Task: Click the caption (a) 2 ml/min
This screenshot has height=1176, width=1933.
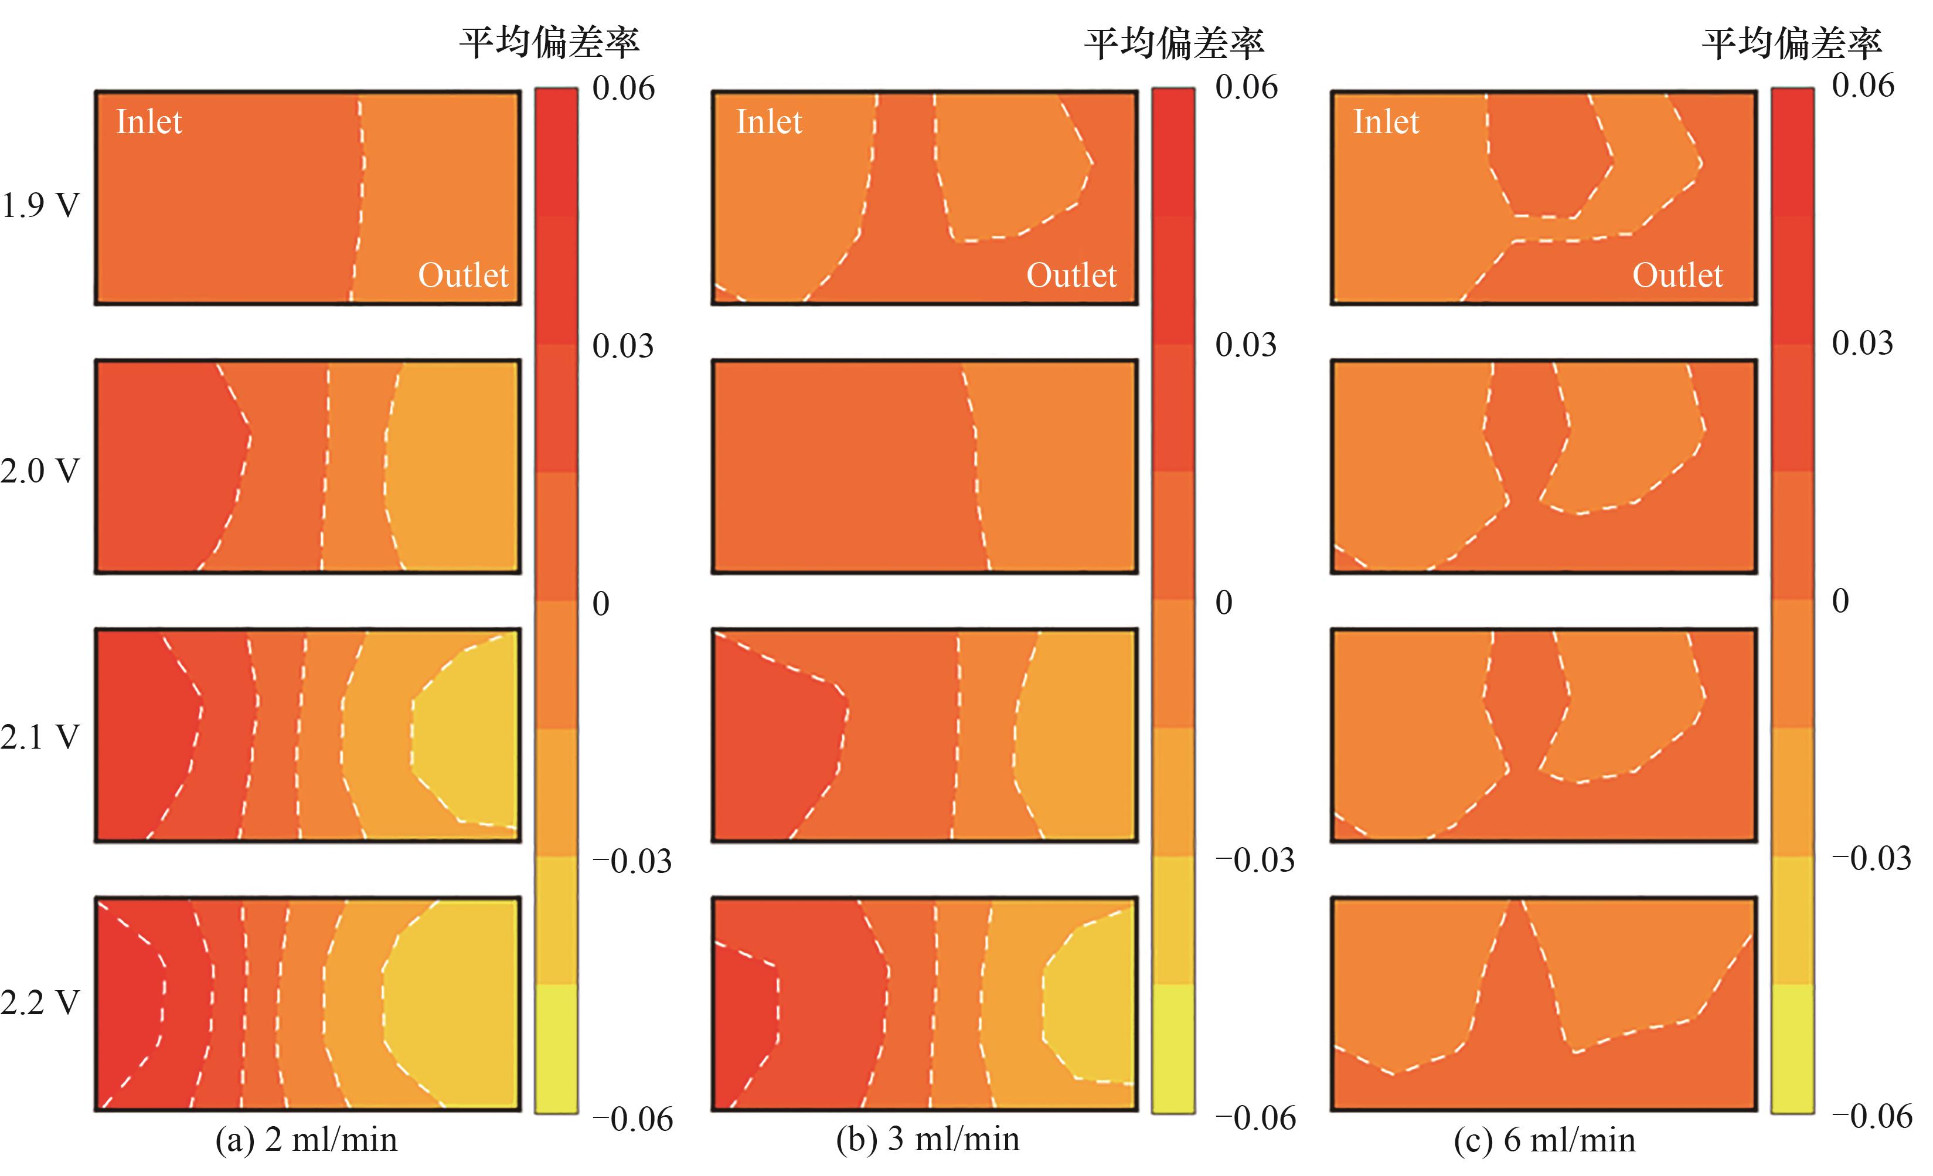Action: tap(306, 1140)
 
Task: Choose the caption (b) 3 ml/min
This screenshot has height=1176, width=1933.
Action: tap(927, 1139)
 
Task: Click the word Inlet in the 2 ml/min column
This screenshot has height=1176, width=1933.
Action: tap(149, 123)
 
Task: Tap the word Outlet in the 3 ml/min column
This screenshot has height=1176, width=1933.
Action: tap(1071, 276)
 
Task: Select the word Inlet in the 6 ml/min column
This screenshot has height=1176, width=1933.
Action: tap(1386, 123)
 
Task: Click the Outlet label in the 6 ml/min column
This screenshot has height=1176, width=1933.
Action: tap(1677, 276)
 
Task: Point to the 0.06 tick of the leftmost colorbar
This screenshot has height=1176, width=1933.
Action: tap(623, 88)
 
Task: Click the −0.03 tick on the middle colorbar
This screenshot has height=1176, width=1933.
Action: tap(1254, 860)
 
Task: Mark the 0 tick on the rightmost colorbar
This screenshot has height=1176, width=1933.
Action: tap(1840, 601)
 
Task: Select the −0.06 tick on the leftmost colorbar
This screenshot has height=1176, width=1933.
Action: tap(632, 1119)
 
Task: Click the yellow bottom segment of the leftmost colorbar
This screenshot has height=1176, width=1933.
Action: tap(556, 1048)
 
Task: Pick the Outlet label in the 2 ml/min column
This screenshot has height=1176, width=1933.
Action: tap(463, 276)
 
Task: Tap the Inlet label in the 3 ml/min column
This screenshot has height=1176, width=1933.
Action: tap(769, 123)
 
